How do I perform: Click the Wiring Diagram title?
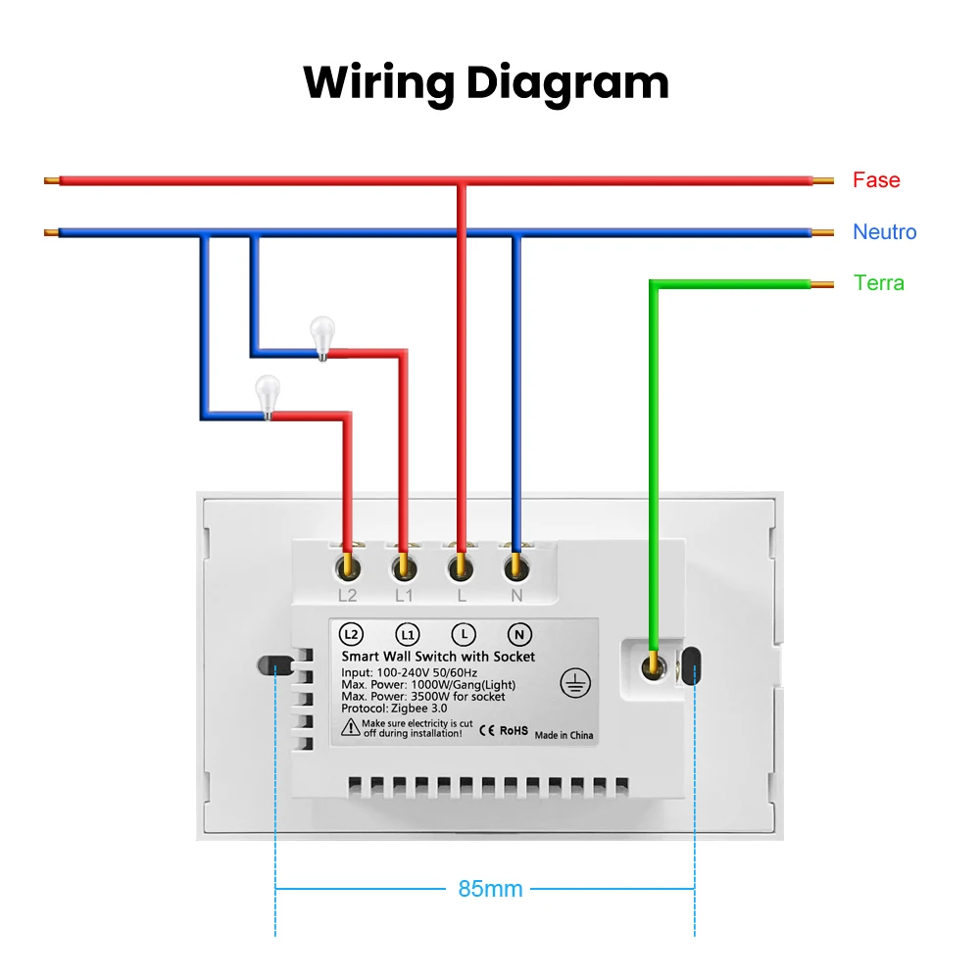tap(486, 82)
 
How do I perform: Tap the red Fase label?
tap(875, 180)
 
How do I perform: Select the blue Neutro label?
tap(884, 232)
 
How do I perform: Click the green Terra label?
tap(878, 283)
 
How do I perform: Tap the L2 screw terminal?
tap(347, 566)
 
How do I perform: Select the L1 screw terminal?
tap(403, 566)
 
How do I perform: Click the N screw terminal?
tap(514, 566)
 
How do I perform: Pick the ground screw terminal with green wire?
tap(652, 667)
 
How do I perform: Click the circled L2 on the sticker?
tap(352, 634)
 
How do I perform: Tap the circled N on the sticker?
tap(519, 634)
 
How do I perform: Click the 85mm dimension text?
tap(490, 890)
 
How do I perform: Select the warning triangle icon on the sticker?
tap(350, 727)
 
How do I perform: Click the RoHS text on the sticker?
tap(514, 730)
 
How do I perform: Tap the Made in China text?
tap(563, 735)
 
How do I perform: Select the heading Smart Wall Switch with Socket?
tap(438, 657)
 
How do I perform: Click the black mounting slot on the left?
tap(275, 665)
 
